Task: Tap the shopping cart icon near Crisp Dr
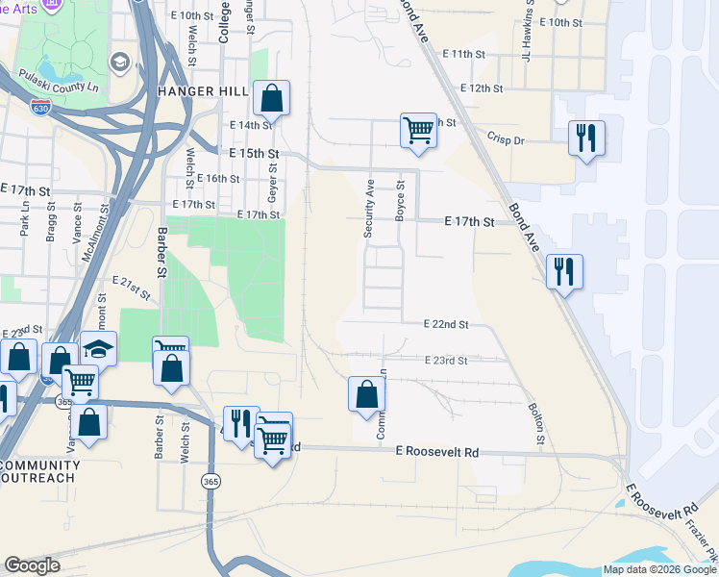pos(418,130)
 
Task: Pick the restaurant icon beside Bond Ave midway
pos(564,271)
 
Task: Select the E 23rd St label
pos(445,361)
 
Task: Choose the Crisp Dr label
pos(506,139)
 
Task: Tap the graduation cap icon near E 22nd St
pos(99,348)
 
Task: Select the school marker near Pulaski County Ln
pos(120,63)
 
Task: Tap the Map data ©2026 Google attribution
pos(658,569)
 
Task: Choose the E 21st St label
pos(132,287)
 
